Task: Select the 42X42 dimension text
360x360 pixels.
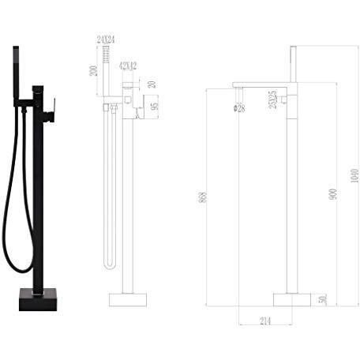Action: [127, 66]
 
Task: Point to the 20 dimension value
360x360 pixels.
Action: [151, 84]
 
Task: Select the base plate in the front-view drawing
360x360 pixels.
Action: [127, 300]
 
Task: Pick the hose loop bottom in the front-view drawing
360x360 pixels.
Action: [109, 266]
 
